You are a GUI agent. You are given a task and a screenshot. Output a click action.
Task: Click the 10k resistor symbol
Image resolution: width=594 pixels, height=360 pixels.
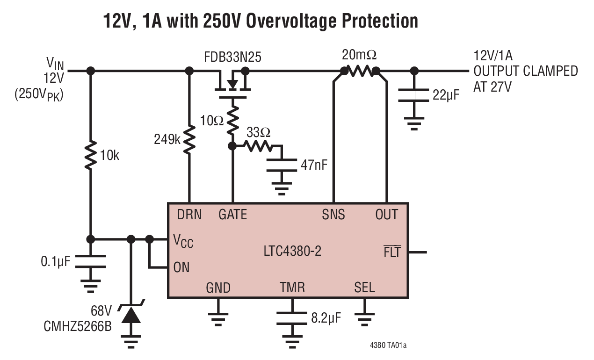pos(91,154)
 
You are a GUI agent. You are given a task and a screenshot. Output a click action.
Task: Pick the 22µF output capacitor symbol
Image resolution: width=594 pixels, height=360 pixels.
pos(413,95)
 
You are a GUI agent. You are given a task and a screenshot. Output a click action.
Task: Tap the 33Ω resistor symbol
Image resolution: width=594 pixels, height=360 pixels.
pos(257,146)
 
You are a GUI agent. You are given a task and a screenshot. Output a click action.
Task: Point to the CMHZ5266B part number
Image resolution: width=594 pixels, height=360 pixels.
pos(78,326)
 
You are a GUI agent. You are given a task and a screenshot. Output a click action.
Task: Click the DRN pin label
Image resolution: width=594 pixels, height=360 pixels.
pos(189,215)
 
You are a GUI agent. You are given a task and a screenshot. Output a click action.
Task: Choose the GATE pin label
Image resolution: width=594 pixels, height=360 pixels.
pos(232,215)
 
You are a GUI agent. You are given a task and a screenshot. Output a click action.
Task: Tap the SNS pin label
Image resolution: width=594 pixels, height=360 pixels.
pos(333,215)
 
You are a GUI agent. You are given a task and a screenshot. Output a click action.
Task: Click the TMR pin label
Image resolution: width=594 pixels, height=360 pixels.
pos(292,287)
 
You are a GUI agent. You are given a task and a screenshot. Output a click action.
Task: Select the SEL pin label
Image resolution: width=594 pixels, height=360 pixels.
pos(364,287)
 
